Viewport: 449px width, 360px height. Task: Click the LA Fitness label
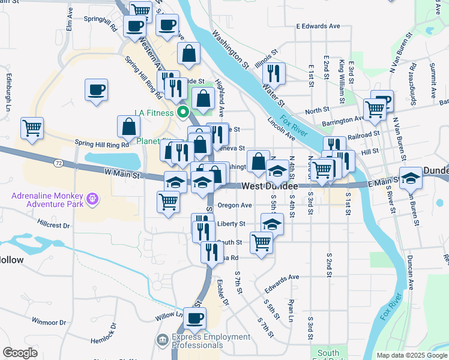[155, 112]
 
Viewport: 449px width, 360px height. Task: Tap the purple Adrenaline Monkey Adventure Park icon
[92, 197]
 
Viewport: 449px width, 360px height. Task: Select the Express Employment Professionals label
[211, 341]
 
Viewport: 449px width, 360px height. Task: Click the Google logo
[20, 352]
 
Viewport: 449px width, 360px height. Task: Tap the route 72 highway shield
[58, 163]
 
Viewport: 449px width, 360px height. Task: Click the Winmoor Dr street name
[47, 321]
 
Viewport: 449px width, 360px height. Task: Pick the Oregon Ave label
[234, 205]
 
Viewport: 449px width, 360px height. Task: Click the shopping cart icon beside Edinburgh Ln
[32, 128]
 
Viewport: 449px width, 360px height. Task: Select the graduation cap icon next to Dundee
[411, 178]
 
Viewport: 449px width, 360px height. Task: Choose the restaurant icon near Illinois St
[273, 73]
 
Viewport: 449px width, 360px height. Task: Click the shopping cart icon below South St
[262, 242]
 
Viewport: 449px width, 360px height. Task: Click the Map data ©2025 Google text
[412, 355]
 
